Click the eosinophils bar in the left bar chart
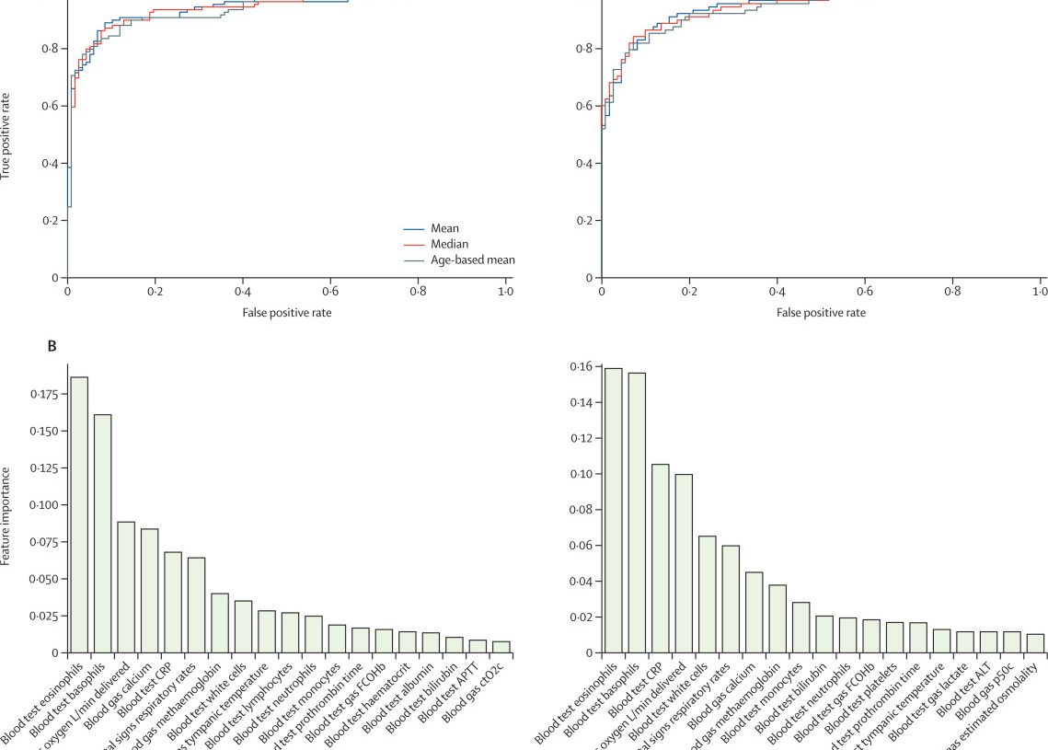click(79, 515)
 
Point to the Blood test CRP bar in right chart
click(660, 559)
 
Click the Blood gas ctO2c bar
click(501, 647)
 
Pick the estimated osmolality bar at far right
click(1035, 643)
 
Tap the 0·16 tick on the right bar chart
click(580, 367)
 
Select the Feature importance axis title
click(6, 516)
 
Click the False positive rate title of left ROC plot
click(287, 312)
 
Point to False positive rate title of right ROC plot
click(821, 312)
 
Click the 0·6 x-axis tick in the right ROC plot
click(865, 292)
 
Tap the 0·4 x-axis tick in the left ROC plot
click(243, 292)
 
